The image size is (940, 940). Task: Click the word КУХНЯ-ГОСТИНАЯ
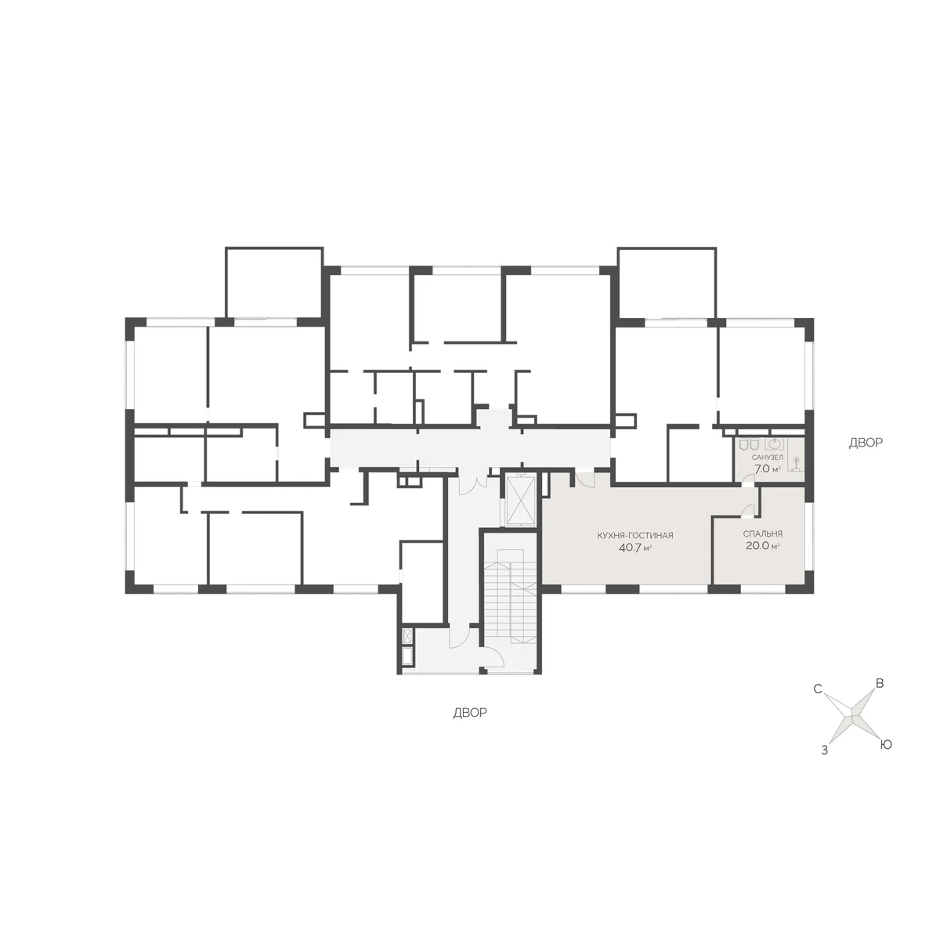(634, 536)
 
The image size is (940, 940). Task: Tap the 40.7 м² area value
(635, 548)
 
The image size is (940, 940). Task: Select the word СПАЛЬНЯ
(763, 533)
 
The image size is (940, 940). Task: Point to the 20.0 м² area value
(762, 546)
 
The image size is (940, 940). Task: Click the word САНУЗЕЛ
(768, 457)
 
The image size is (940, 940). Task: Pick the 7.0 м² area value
(768, 469)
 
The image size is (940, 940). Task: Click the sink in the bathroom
(774, 443)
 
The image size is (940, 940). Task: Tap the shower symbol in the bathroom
(796, 462)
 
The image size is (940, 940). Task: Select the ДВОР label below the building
(470, 713)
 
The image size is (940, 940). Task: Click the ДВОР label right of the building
(866, 443)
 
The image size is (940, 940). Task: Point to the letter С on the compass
(818, 689)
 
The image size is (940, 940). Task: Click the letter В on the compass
(880, 683)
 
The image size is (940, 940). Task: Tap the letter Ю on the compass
(885, 744)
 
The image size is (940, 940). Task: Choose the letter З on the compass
(824, 750)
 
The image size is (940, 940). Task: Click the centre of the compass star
(851, 717)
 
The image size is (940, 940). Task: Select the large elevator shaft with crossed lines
(520, 501)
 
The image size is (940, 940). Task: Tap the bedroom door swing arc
(746, 510)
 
